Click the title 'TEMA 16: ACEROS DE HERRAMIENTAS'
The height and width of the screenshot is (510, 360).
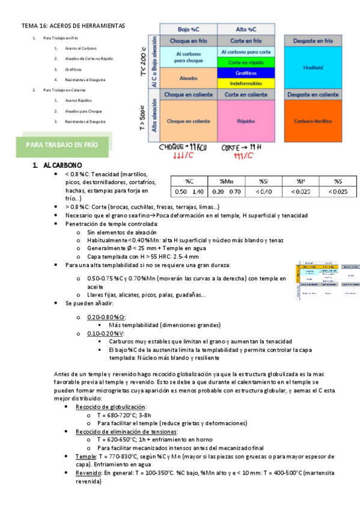(x=73, y=26)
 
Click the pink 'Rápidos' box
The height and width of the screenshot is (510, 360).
(x=246, y=120)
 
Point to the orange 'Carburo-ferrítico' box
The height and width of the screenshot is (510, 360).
(x=313, y=120)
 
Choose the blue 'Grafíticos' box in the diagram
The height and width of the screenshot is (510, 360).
(x=246, y=73)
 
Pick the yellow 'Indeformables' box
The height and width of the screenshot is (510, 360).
(x=246, y=82)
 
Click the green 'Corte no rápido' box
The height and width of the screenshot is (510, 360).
(x=246, y=63)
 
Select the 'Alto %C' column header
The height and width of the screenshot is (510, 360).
(x=246, y=29)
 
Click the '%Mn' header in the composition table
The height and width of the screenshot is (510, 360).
(x=226, y=181)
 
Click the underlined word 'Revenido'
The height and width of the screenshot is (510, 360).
(x=88, y=473)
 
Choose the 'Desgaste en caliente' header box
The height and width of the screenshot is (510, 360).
(x=313, y=94)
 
